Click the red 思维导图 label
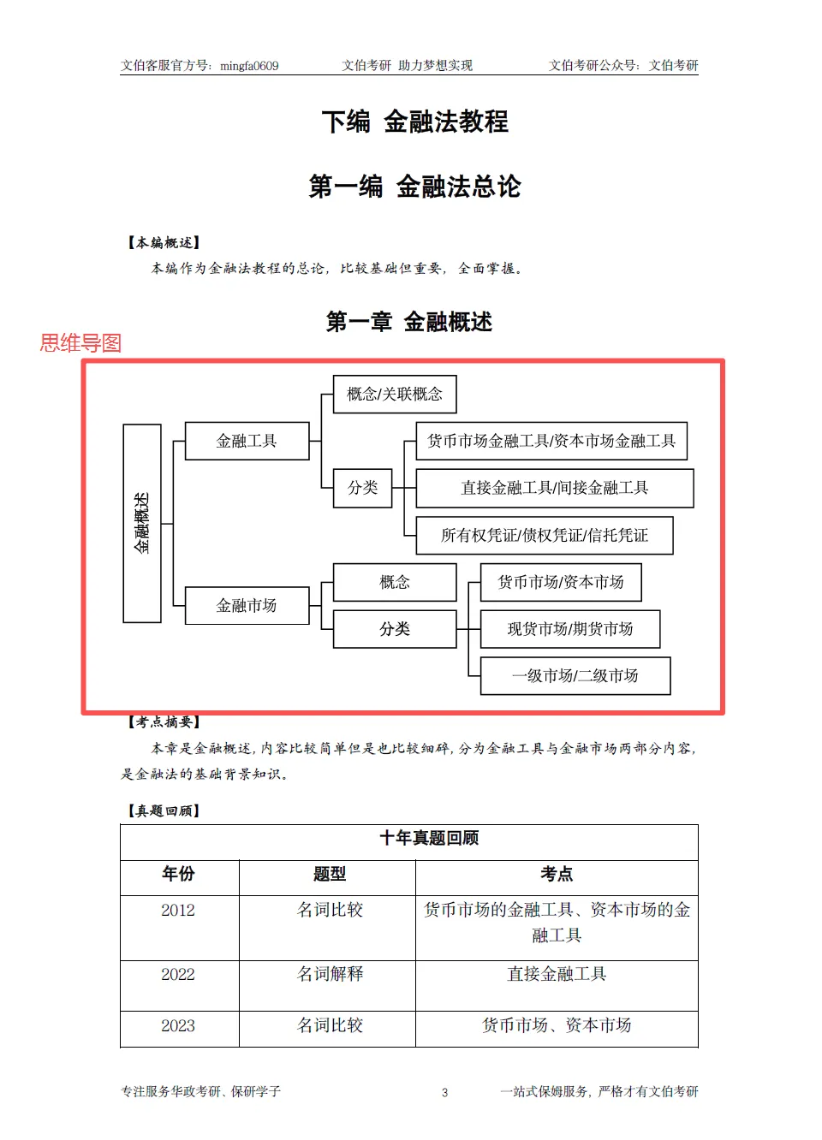click(80, 343)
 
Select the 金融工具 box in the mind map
click(247, 441)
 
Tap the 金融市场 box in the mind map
click(247, 605)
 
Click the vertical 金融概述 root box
click(142, 523)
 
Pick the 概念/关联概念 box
click(394, 394)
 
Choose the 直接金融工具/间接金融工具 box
click(554, 488)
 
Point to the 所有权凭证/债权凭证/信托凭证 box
click(544, 535)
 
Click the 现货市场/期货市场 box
click(569, 629)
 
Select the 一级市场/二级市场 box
click(575, 676)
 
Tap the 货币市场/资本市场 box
click(560, 582)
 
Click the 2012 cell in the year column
click(178, 911)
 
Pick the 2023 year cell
click(178, 1026)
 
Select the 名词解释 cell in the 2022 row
click(330, 974)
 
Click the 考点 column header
click(557, 874)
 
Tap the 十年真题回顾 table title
click(429, 838)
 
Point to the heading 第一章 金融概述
click(409, 322)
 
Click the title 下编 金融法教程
click(414, 122)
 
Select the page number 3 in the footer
click(444, 1092)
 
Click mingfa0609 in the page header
click(249, 66)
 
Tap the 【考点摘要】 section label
click(164, 721)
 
